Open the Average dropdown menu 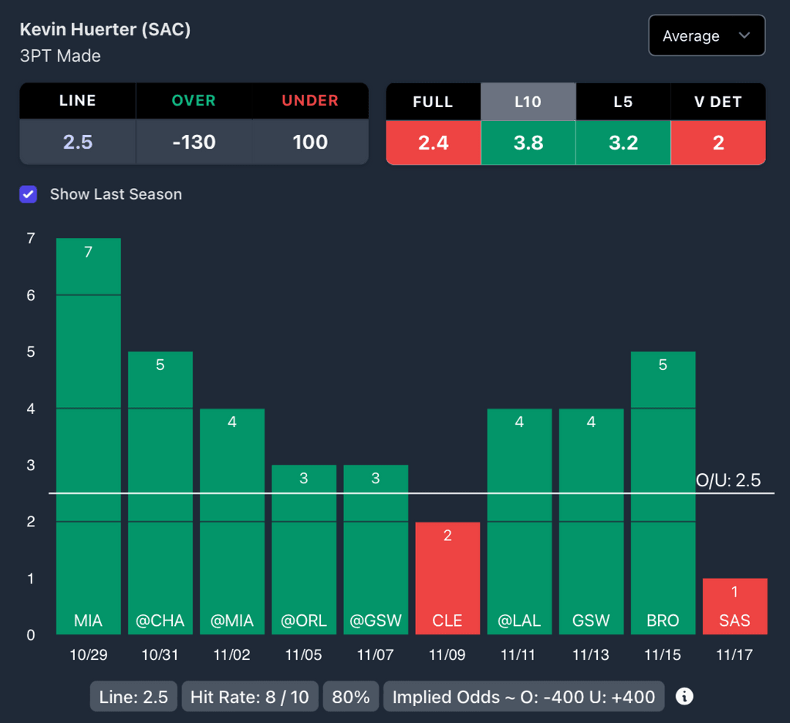point(707,36)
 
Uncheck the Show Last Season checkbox point(29,194)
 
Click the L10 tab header point(528,102)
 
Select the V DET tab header point(718,102)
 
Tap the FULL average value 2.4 point(433,143)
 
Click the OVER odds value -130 point(194,143)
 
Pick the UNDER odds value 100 point(310,143)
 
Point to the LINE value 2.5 point(78,143)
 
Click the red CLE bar point(447,578)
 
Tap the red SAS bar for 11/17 point(734,607)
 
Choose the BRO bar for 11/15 point(663,493)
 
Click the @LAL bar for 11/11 point(519,521)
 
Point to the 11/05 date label point(304,655)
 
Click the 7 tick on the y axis point(31,239)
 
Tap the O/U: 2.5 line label point(728,481)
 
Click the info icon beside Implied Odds point(684,697)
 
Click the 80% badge point(351,698)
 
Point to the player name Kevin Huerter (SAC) point(105,30)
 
